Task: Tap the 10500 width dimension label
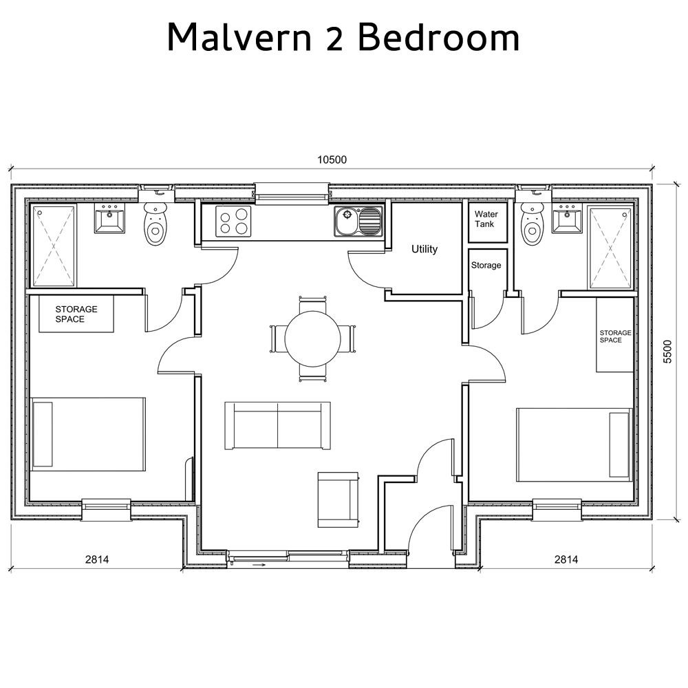click(x=332, y=160)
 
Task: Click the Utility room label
click(x=424, y=249)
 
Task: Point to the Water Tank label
click(x=486, y=219)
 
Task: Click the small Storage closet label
click(x=486, y=265)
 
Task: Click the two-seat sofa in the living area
click(x=277, y=426)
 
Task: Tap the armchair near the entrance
click(x=338, y=499)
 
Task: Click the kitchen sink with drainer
click(x=358, y=222)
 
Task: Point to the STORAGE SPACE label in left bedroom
click(x=76, y=314)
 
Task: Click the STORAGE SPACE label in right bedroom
click(x=615, y=336)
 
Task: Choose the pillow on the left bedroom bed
click(x=43, y=433)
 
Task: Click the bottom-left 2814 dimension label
click(x=97, y=559)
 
